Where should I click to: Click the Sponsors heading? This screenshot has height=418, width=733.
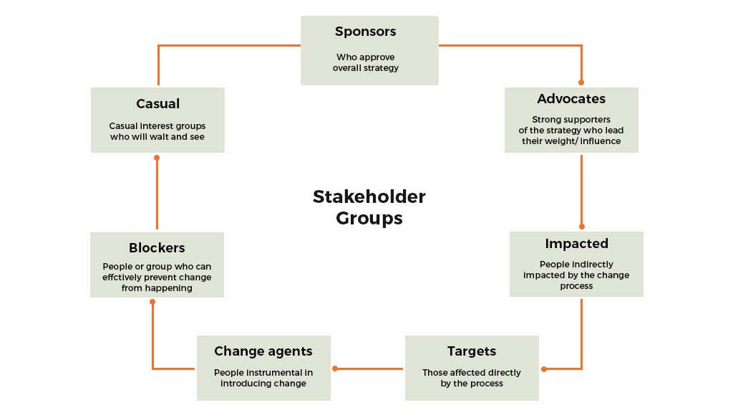tap(365, 32)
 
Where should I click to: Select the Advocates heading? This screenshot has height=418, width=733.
tap(571, 99)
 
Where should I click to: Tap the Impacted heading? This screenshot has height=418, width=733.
tap(576, 243)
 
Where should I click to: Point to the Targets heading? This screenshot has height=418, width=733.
tap(472, 351)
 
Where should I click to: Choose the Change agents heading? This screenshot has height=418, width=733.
tap(263, 351)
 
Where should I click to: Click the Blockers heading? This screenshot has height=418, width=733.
tap(157, 247)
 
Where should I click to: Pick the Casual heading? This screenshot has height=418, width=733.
tap(157, 103)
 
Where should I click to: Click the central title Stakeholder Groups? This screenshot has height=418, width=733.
tap(369, 207)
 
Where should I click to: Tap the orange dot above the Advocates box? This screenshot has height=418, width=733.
tap(581, 82)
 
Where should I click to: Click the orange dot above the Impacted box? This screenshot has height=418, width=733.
tap(581, 227)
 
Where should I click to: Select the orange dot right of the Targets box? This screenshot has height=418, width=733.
tap(544, 369)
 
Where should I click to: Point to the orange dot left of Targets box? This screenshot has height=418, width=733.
tap(335, 369)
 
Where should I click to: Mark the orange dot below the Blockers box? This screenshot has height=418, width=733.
tap(152, 302)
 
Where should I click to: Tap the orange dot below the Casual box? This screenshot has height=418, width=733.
tap(157, 157)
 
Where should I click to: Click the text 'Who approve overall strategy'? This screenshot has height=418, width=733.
tap(365, 62)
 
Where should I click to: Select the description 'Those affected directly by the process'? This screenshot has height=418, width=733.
tap(472, 378)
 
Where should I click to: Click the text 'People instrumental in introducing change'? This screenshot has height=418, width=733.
tap(263, 378)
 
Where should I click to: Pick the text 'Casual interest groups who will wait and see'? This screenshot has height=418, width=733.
tap(157, 131)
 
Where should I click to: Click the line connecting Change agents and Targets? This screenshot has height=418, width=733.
tap(369, 369)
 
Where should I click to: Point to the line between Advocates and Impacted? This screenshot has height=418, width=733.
tap(581, 190)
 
